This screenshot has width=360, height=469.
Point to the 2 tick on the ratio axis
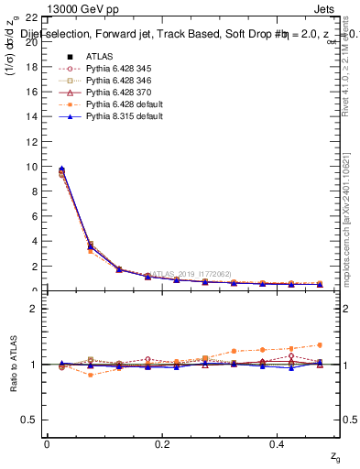pyautogui.click(x=33, y=309)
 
